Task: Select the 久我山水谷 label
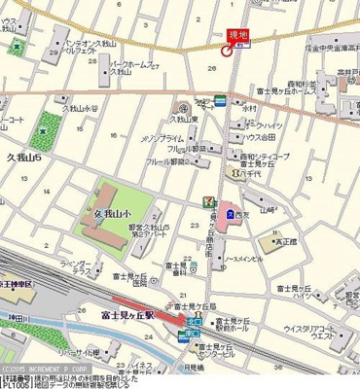pos(82,109)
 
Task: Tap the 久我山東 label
pos(186,120)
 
